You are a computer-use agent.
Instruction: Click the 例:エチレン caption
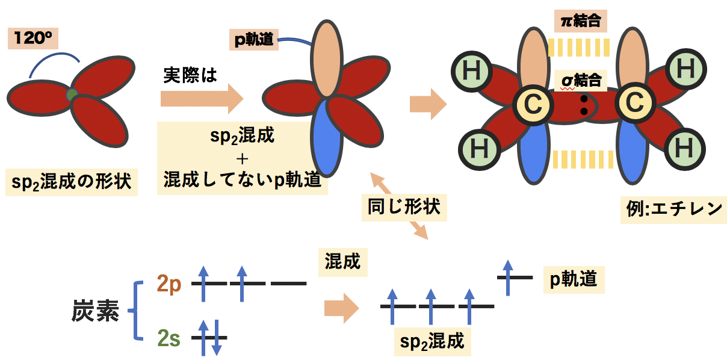(672, 209)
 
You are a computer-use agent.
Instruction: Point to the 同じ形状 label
(404, 206)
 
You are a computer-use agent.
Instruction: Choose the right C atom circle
(634, 104)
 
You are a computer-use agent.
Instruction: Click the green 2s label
(169, 339)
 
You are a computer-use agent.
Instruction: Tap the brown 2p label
(169, 284)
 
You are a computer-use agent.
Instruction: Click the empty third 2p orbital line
(288, 282)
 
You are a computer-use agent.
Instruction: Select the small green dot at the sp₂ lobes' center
(72, 95)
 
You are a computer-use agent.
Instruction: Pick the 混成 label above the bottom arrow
(342, 262)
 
